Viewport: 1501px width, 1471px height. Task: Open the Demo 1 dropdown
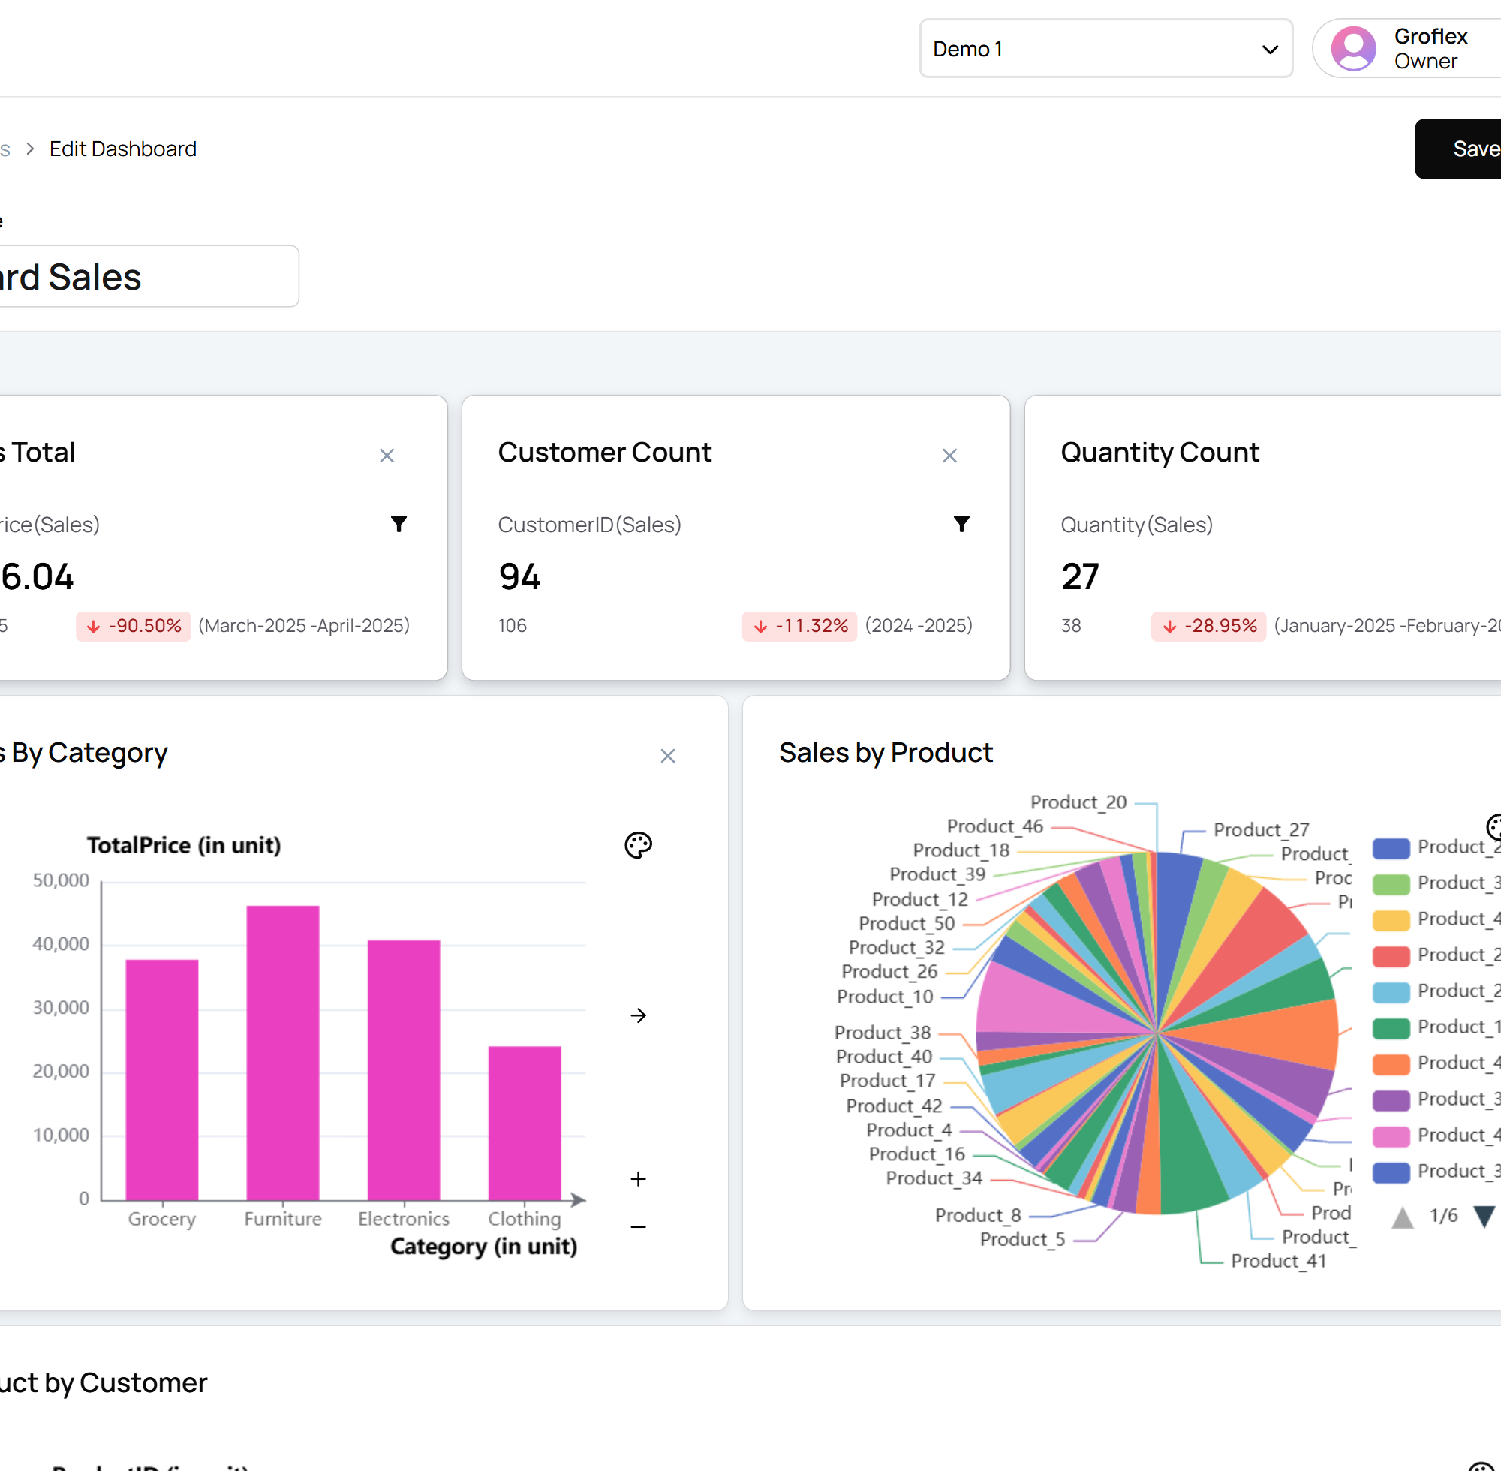click(x=1105, y=49)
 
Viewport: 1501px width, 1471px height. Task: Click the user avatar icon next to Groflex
click(x=1352, y=49)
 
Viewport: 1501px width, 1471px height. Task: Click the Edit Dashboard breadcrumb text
click(x=123, y=149)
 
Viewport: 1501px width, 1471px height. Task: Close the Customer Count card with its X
click(x=949, y=456)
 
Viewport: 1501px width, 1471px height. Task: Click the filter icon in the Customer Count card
click(x=961, y=524)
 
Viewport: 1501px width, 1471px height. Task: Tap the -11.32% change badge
click(x=799, y=626)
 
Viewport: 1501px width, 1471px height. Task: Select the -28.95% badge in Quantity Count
click(x=1208, y=626)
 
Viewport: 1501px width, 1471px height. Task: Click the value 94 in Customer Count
click(x=519, y=577)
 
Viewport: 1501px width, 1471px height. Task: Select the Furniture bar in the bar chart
click(x=283, y=1051)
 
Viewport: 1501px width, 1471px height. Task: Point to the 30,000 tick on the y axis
click(x=61, y=1007)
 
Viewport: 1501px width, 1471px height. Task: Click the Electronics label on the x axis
click(x=403, y=1218)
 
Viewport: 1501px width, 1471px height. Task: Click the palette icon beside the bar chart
click(x=638, y=844)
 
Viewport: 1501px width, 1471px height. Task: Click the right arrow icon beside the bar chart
click(x=638, y=1015)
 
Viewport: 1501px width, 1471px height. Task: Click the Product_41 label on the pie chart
click(x=1279, y=1261)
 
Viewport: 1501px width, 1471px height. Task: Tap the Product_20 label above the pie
click(x=1078, y=802)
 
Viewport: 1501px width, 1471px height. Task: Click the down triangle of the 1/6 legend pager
click(x=1483, y=1216)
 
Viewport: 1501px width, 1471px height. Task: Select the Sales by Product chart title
click(x=886, y=753)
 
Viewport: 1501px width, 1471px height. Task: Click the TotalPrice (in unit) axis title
click(x=184, y=845)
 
